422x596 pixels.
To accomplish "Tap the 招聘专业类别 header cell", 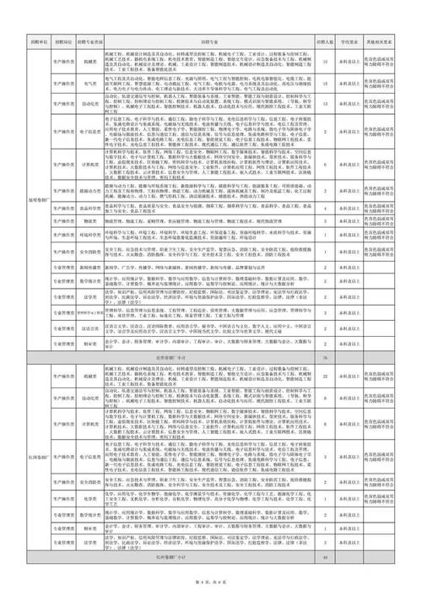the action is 89,41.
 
